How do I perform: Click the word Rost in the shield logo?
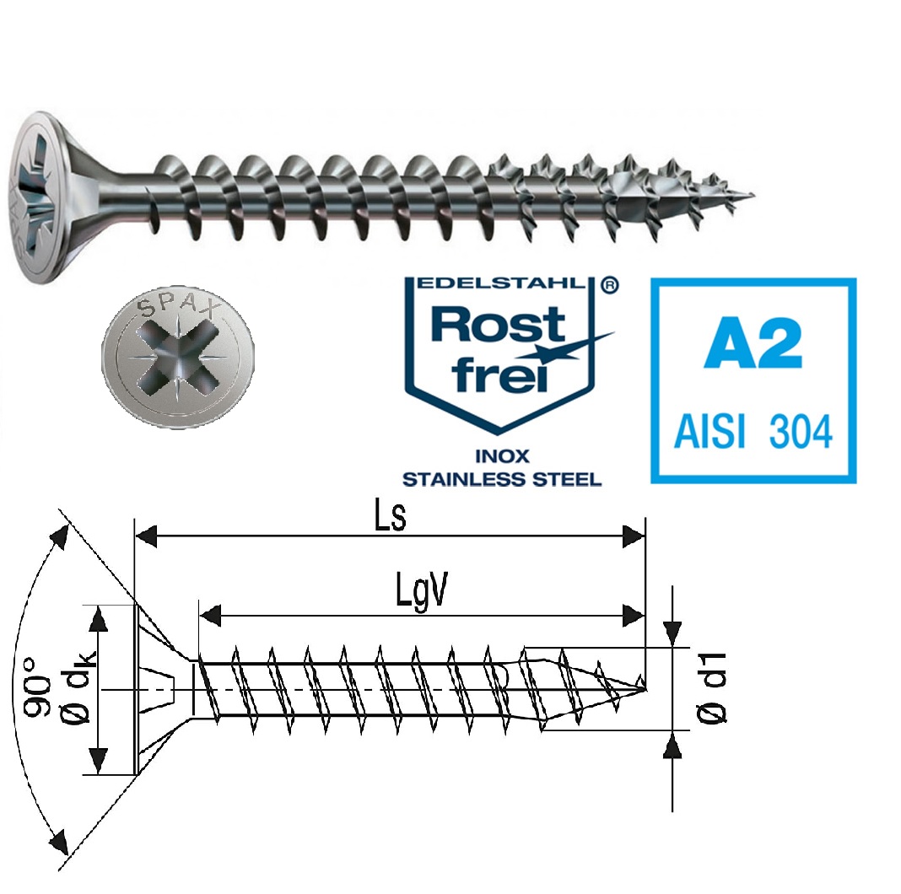(499, 324)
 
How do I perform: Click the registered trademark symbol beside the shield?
(607, 286)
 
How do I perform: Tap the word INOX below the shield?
(501, 456)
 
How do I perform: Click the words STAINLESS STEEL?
(501, 479)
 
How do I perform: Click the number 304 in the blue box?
(800, 432)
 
